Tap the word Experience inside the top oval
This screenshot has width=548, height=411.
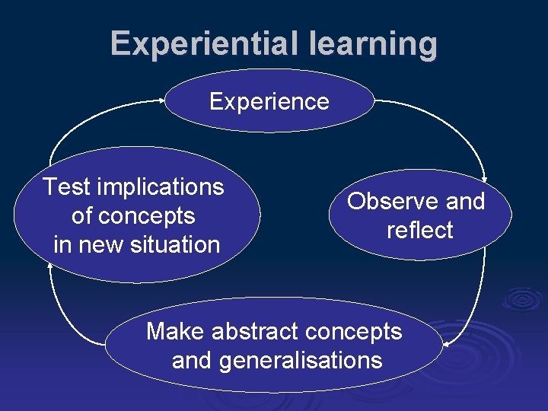tap(269, 101)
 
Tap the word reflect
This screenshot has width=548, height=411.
tap(419, 230)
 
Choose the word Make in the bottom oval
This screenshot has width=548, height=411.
tap(176, 331)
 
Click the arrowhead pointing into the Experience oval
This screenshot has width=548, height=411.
tap(161, 99)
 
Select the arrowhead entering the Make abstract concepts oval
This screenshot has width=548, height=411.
tap(448, 344)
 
